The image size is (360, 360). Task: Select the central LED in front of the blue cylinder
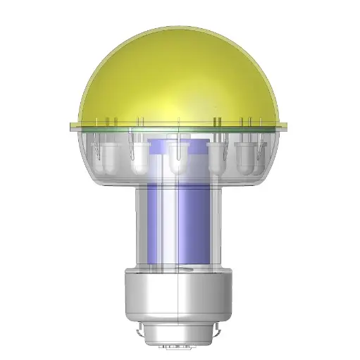point(178,161)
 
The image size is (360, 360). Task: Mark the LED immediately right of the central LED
point(218,159)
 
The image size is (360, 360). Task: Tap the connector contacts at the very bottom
point(180,347)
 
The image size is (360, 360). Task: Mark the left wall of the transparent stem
point(138,225)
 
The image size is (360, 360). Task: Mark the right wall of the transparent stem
point(224,225)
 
